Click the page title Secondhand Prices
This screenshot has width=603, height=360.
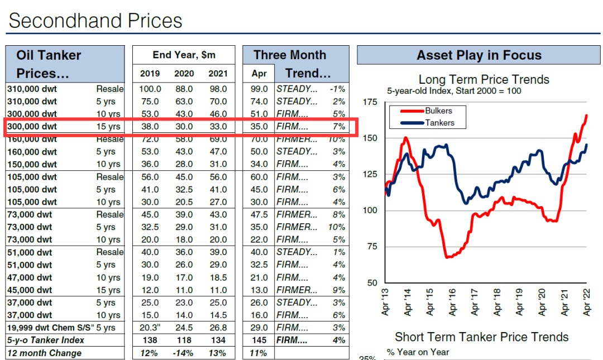pos(95,21)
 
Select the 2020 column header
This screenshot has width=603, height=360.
pos(184,73)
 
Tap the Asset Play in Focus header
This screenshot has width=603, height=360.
pos(478,55)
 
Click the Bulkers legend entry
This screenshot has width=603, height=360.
pos(438,111)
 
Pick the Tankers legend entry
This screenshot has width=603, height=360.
pos(439,123)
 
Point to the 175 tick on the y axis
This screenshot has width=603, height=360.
pos(370,102)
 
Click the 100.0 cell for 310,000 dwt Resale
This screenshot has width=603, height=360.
pos(150,89)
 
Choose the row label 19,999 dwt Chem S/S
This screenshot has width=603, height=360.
pos(49,328)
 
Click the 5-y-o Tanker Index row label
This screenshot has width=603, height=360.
pos(45,340)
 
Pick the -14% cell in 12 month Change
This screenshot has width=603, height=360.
pos(184,353)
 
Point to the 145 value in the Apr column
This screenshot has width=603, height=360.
pos(259,340)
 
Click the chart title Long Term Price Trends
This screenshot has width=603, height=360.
pos(484,80)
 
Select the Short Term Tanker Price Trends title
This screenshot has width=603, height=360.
pos(481,337)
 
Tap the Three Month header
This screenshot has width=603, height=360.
pos(289,55)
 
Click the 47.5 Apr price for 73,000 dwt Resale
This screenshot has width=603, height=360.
pos(259,214)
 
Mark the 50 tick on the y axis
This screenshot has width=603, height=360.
pos(372,283)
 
